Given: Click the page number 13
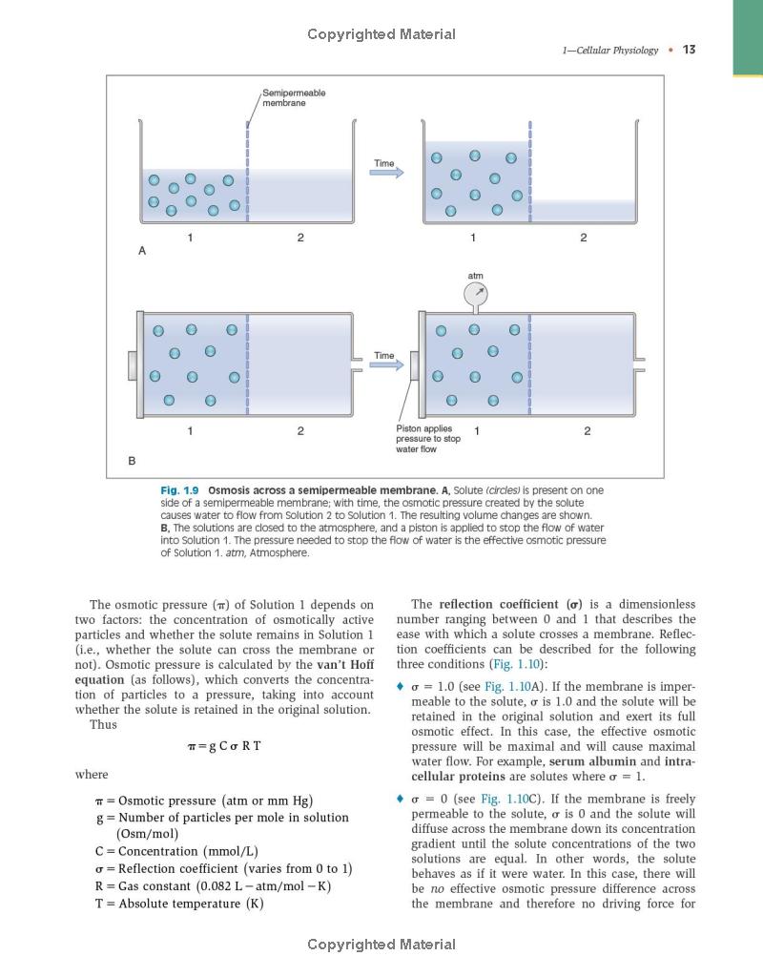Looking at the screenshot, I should (689, 50).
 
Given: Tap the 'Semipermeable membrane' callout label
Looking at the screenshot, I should (294, 97).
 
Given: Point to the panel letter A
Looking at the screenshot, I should (142, 250).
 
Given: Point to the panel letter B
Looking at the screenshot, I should (132, 461).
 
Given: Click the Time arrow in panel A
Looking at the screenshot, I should (386, 172).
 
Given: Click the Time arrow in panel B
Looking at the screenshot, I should (386, 364).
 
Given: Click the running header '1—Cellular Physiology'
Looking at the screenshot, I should (610, 51).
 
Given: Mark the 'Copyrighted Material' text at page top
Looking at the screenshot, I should (381, 34).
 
